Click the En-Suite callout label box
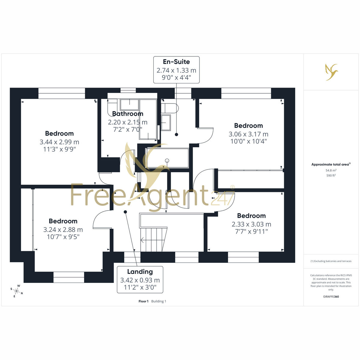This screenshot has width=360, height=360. click(x=176, y=70)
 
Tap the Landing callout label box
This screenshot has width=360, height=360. click(x=140, y=280)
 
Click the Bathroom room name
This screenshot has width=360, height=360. click(x=128, y=114)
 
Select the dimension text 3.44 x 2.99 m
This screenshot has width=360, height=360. click(x=59, y=142)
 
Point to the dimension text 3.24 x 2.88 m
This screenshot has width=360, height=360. click(x=63, y=229)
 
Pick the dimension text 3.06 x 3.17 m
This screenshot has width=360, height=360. click(x=248, y=134)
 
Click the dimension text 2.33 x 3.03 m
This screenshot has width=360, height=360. click(x=251, y=224)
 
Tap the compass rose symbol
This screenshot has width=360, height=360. click(x=16, y=291)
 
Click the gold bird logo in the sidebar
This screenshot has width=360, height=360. click(x=331, y=72)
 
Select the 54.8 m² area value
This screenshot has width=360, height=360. click(x=331, y=170)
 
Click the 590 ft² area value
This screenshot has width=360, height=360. click(x=331, y=175)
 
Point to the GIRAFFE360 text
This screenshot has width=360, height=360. click(x=331, y=296)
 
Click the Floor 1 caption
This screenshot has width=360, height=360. click(x=143, y=301)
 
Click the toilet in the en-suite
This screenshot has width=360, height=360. click(x=170, y=108)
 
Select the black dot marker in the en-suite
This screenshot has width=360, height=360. click(x=176, y=134)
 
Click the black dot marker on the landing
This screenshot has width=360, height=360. click(x=125, y=212)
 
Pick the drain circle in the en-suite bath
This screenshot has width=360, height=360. click(x=167, y=160)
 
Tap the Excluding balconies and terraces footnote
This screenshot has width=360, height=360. click(x=331, y=261)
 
